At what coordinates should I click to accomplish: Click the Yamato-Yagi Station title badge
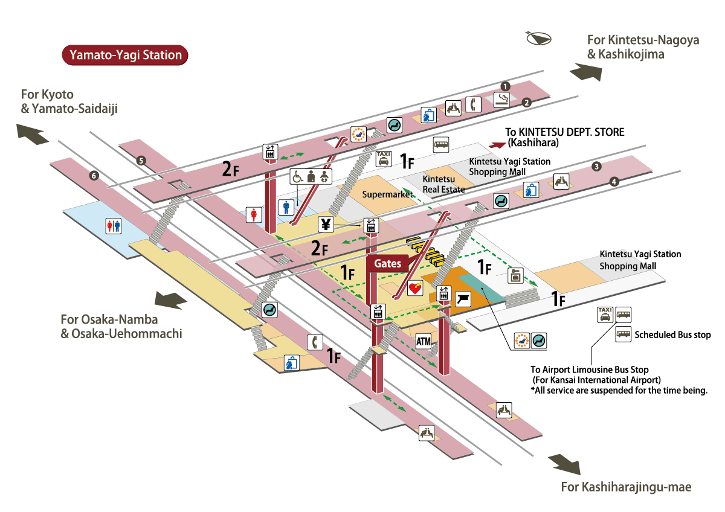pos(125,55)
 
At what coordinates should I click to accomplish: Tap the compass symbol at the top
pos(539,39)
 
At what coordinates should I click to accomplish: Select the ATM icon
pos(424,341)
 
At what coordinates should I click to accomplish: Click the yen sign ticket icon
pos(326,225)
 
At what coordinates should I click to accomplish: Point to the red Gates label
pos(387,264)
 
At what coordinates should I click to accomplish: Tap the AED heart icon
pos(415,288)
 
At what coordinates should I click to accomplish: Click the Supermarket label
pos(387,194)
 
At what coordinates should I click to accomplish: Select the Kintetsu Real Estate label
pos(443,184)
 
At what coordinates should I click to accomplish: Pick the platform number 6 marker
pos(93,176)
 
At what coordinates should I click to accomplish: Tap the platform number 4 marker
pos(614,181)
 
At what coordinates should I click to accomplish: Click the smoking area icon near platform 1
pos(503,100)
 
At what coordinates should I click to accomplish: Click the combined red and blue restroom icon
pos(114,225)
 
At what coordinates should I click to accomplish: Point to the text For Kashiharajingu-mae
pos(625,487)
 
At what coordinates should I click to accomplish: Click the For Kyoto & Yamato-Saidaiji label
pos(69,101)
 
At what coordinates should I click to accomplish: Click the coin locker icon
pos(515,275)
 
